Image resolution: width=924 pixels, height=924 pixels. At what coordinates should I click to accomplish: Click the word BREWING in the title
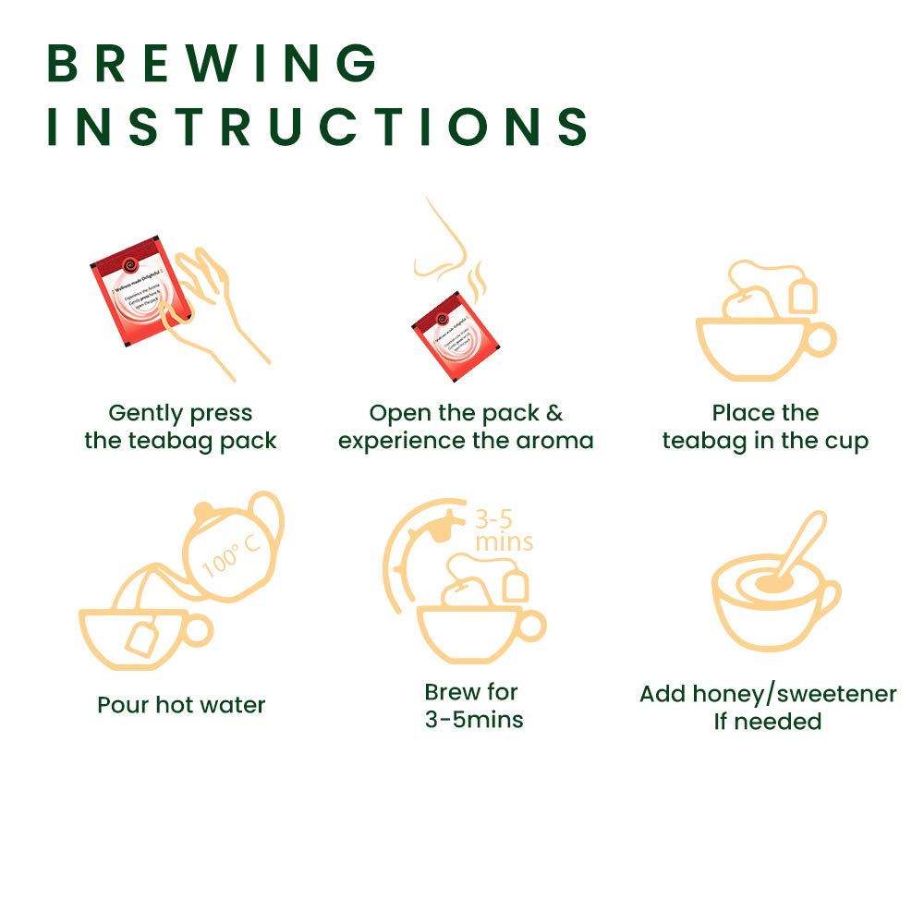(x=212, y=63)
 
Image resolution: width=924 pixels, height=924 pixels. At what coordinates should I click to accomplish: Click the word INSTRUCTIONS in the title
(x=318, y=127)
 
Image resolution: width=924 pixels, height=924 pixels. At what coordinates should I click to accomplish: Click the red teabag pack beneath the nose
(x=453, y=332)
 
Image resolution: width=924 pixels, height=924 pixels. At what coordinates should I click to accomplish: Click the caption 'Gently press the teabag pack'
(x=180, y=427)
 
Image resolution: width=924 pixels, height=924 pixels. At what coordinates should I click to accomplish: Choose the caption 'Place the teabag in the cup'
(x=765, y=427)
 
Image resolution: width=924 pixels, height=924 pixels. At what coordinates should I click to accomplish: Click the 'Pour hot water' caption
(x=181, y=705)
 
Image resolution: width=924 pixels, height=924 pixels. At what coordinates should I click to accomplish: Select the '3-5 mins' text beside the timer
(x=503, y=529)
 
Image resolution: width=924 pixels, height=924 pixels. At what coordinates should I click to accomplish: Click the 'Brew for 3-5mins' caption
(x=473, y=705)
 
